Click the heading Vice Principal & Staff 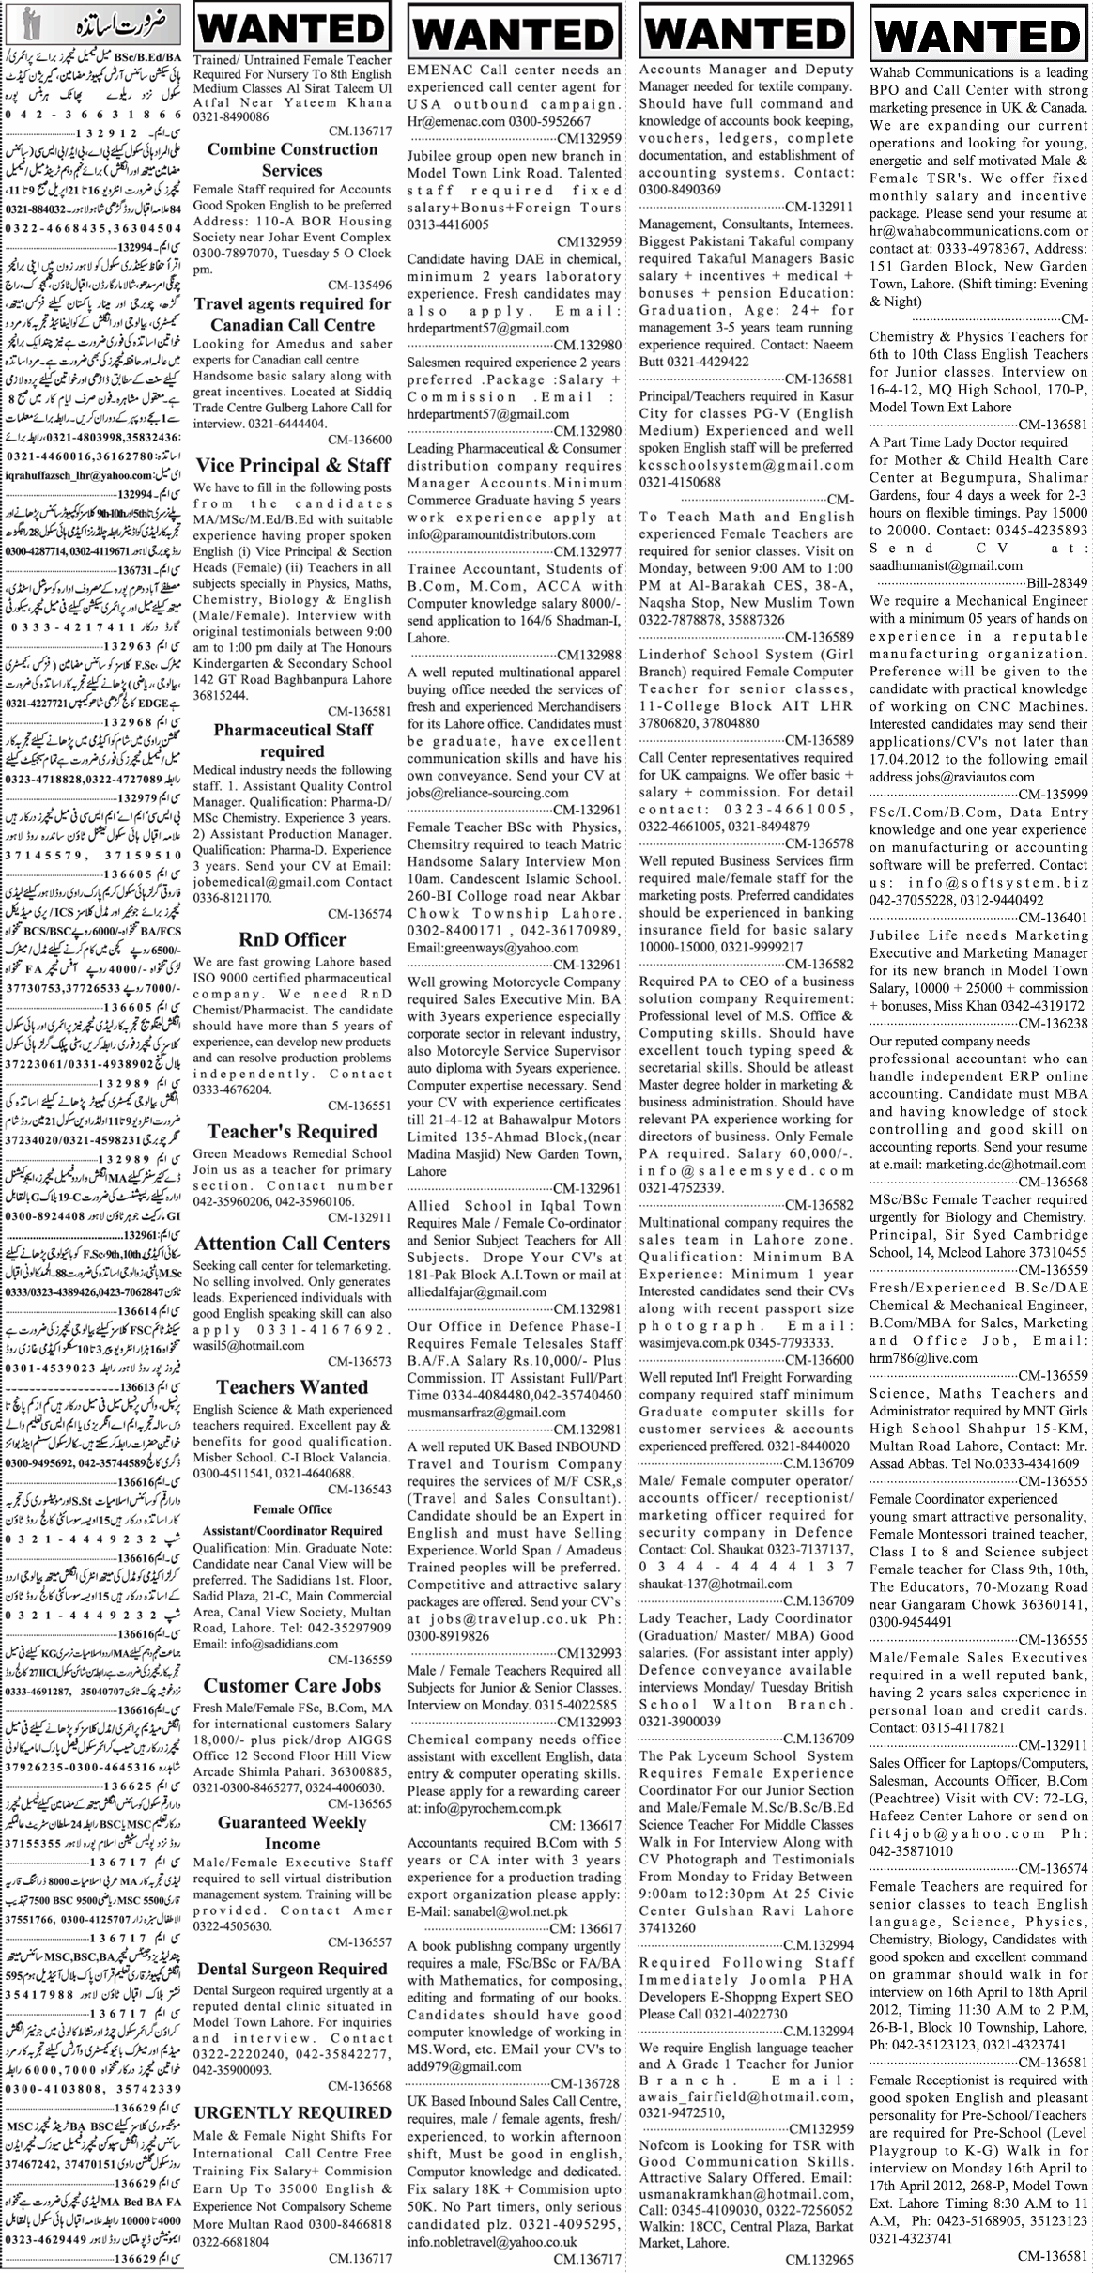[x=292, y=465]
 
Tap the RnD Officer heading [x=292, y=940]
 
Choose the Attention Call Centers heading [x=292, y=1243]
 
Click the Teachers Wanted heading [x=292, y=1386]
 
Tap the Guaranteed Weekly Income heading [x=292, y=1832]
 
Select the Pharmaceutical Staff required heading [x=292, y=740]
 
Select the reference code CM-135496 [x=360, y=285]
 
